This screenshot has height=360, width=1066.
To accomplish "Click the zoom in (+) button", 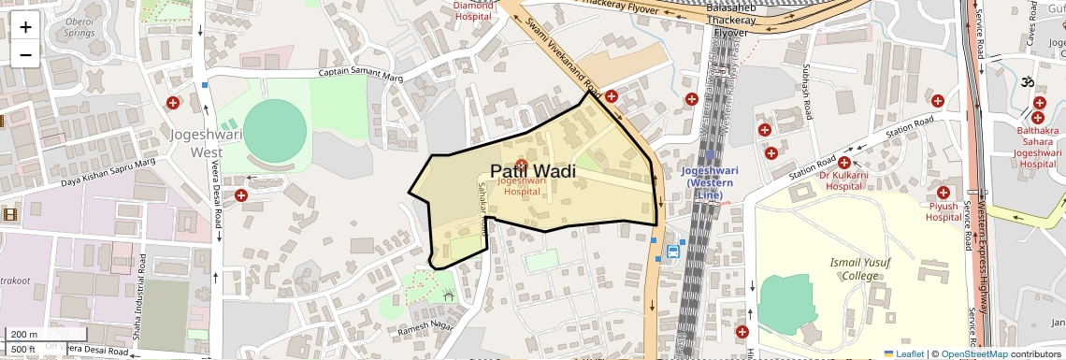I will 25,26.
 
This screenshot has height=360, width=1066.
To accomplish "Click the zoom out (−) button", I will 25,54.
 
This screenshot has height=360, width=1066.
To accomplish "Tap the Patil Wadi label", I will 532,171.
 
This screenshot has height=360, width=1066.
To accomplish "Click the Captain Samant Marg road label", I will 360,73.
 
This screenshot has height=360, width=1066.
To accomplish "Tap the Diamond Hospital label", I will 472,10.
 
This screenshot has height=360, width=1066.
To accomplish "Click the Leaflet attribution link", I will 903,353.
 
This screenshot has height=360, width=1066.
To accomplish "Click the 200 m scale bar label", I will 24,334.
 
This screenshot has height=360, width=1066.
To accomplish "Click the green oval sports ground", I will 274,128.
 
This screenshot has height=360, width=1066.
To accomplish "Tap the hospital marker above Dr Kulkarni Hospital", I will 843,163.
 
